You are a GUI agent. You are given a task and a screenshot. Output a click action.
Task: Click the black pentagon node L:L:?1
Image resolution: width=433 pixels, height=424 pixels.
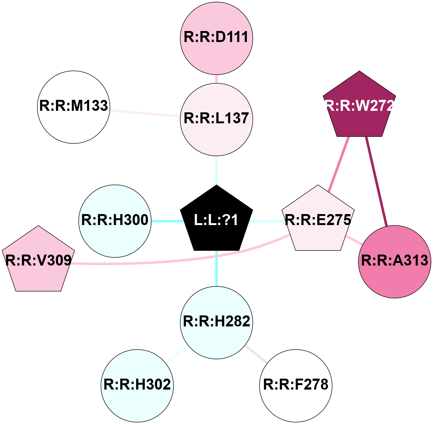216,220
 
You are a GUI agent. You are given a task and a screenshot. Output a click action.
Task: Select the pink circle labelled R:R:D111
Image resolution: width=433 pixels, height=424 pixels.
216,38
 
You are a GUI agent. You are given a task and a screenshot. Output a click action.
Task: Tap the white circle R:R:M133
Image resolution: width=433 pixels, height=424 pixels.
74,107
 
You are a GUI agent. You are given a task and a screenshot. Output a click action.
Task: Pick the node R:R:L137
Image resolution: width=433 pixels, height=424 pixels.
216,119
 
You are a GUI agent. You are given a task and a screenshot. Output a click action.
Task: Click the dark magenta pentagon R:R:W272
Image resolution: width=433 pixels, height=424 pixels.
359,106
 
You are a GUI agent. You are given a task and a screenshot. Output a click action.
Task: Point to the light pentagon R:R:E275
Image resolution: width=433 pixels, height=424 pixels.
318,220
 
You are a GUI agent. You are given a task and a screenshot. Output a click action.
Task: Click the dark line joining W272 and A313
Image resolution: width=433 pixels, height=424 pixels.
376,182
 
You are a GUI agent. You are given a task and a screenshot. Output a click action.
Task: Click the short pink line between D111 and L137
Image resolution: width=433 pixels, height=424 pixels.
216,79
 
